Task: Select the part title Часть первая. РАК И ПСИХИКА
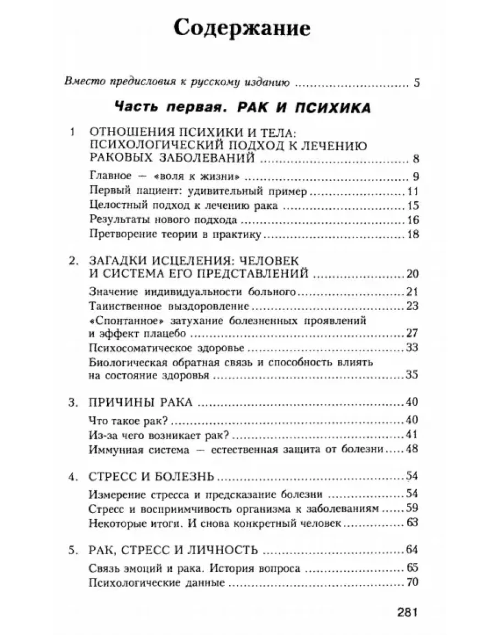(242, 108)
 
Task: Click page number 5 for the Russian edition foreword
(416, 84)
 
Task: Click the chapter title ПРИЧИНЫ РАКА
(141, 402)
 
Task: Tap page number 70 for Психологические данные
(413, 583)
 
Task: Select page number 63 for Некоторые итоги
(413, 522)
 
